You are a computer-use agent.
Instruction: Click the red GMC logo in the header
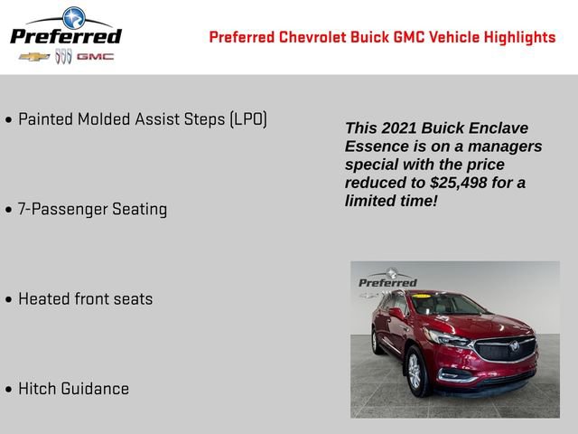coord(95,57)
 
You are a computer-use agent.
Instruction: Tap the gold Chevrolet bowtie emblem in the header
coord(34,57)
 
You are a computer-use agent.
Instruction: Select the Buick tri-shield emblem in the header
coord(63,57)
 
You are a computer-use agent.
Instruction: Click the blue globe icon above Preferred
coord(72,16)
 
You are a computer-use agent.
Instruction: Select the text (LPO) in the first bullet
coord(248,119)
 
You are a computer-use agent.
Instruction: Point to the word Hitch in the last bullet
coord(37,389)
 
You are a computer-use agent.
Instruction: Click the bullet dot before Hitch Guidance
coord(9,390)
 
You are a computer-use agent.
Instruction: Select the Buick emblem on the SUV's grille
coord(514,346)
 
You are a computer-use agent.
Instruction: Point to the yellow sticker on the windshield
coord(422,296)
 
